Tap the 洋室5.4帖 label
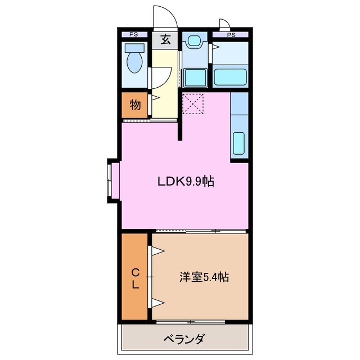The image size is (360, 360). point(204,277)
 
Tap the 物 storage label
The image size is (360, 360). point(135,104)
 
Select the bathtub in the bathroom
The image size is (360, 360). point(231,75)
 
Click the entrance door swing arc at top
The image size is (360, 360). point(165,17)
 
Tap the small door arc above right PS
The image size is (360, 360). point(224,24)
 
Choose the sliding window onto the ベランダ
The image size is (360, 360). point(191,322)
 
